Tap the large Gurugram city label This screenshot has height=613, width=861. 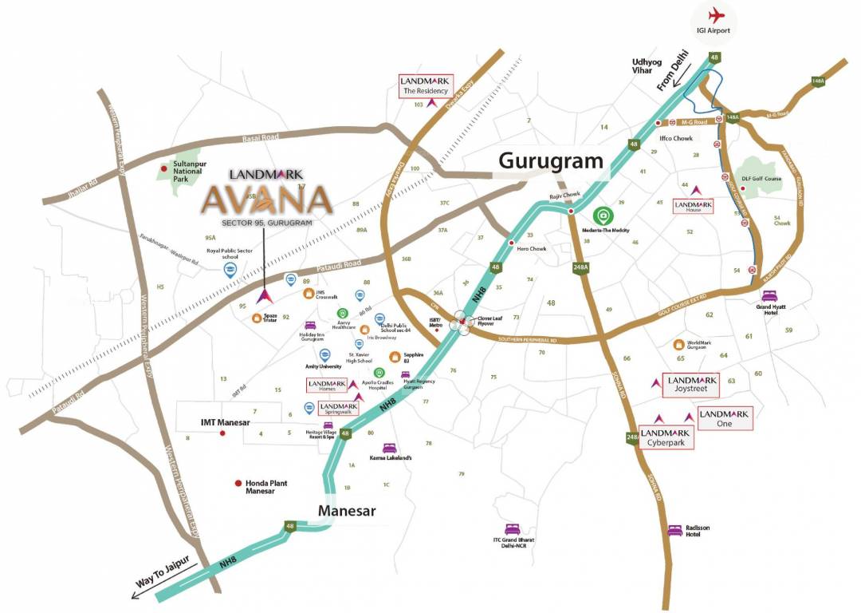point(551,161)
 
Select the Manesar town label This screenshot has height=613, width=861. point(347,510)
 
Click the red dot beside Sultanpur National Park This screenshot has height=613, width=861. point(164,168)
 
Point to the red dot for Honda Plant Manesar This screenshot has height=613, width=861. point(238,484)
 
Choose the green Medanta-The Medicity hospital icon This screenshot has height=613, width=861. point(603,216)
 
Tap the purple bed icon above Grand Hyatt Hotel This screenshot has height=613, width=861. point(769,295)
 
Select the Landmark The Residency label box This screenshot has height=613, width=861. point(426,85)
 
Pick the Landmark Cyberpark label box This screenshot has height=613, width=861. point(666,437)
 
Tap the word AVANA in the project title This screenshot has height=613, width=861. point(265,199)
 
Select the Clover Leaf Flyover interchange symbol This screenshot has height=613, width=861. point(462,323)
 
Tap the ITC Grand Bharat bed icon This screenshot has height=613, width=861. point(513,529)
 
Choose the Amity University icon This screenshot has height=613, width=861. point(324,355)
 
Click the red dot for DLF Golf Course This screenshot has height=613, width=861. point(743,189)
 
